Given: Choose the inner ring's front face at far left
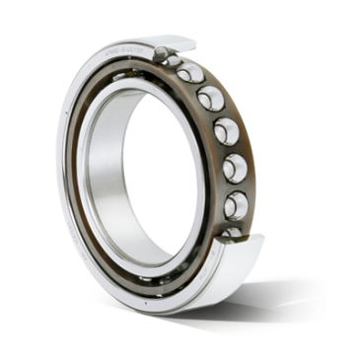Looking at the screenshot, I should coord(85,178).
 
